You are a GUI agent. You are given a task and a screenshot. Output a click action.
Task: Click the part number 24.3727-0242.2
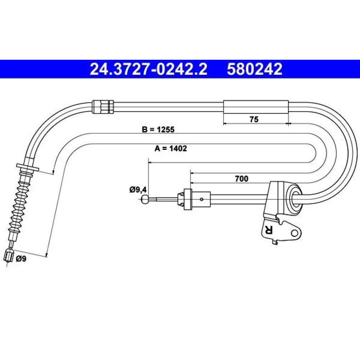148,69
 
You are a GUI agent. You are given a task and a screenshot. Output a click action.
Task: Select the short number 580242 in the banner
255,69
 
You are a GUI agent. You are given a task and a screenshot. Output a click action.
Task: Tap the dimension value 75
254,120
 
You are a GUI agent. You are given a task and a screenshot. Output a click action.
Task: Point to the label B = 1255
158,130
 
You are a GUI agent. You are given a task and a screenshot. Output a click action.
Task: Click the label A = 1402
171,149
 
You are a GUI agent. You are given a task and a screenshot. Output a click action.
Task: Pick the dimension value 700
242,179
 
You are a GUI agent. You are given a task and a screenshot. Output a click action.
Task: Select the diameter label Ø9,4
138,190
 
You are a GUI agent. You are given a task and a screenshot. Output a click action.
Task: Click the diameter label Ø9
21,259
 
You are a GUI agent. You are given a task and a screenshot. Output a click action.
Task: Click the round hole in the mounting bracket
294,233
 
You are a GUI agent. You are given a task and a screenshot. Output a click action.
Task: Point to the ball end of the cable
145,199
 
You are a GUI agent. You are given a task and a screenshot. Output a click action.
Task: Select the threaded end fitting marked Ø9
9,256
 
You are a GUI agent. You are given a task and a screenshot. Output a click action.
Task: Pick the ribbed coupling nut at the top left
103,107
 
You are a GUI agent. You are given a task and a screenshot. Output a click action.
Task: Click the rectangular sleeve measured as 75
256,107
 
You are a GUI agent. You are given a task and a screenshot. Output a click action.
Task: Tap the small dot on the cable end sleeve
201,199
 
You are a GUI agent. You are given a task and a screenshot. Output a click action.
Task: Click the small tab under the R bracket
274,242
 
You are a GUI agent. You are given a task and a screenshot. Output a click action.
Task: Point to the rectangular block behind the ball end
188,199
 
